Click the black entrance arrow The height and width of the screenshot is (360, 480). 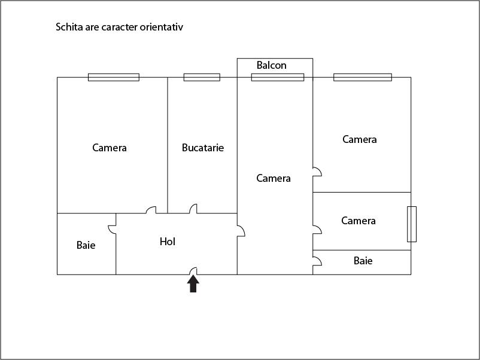193,284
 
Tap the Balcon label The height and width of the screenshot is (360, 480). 272,65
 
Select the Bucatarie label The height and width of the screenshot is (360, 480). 203,148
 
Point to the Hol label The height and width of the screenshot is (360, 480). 168,242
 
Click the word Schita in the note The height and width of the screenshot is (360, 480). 69,27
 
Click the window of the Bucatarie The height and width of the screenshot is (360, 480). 202,77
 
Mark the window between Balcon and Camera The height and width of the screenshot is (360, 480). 278,77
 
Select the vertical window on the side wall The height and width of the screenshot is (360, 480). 412,224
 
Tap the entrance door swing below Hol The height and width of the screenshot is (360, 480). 193,271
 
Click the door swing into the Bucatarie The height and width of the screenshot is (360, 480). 193,209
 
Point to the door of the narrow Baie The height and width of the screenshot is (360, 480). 317,261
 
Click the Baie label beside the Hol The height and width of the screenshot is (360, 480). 86,245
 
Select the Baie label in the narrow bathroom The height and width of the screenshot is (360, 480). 363,261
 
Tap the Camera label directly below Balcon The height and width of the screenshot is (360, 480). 274,178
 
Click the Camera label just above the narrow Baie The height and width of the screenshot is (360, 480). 359,221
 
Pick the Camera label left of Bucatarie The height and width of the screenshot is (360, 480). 110,148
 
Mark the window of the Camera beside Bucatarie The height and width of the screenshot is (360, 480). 114,77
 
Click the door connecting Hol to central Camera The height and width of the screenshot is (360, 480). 241,231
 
